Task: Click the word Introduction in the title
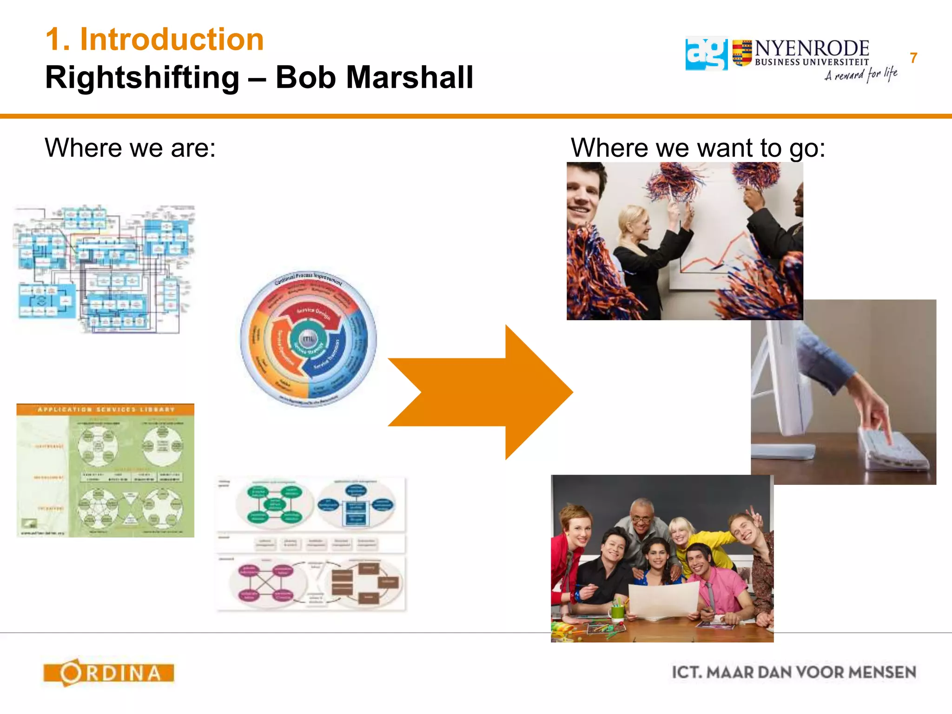click(x=172, y=39)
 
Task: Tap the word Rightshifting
click(x=142, y=77)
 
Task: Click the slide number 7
click(x=913, y=58)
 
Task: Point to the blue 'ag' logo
click(x=706, y=53)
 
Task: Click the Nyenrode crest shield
click(x=742, y=53)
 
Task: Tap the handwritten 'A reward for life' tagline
click(x=860, y=75)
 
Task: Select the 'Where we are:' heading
click(x=130, y=148)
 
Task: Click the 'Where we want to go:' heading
click(x=698, y=148)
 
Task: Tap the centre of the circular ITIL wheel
click(x=308, y=339)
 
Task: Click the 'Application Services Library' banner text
click(x=106, y=410)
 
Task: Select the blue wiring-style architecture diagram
click(x=103, y=269)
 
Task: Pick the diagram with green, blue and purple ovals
click(x=311, y=544)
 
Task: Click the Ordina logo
click(x=109, y=673)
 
